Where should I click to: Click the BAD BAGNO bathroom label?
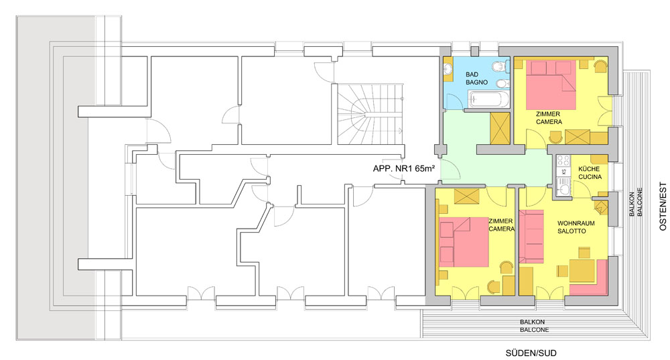(x=476, y=78)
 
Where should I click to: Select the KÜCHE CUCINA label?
(x=590, y=173)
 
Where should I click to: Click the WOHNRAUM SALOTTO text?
(x=576, y=227)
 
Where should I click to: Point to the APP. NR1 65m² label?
(x=404, y=168)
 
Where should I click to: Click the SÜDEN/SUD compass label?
(x=531, y=353)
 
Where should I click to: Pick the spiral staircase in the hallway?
(x=370, y=114)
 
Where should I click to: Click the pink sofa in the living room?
(x=531, y=236)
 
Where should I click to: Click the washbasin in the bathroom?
(x=448, y=69)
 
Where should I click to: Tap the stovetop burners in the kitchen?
(x=563, y=161)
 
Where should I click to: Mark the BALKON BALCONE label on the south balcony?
(x=534, y=326)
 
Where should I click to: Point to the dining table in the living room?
(x=582, y=270)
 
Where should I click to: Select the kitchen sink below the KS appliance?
(x=563, y=187)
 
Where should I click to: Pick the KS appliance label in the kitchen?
(x=563, y=172)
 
